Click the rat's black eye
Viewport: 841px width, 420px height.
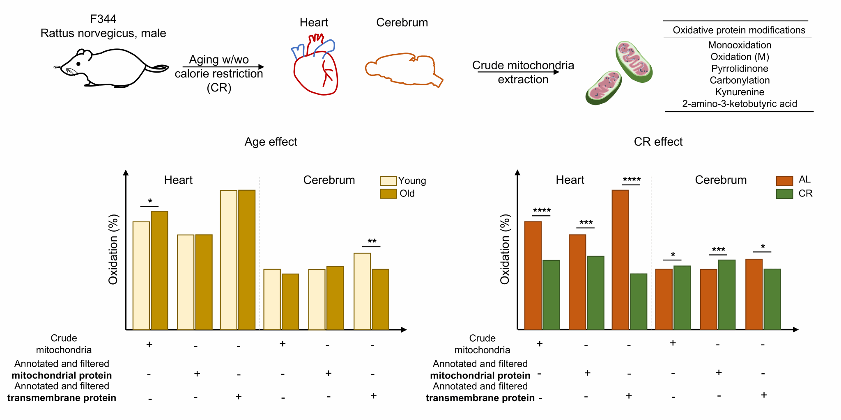pos(78,64)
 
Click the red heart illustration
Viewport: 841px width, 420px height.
pos(315,70)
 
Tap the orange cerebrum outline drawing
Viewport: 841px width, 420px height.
pos(402,70)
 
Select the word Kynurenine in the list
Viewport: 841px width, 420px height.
pos(740,92)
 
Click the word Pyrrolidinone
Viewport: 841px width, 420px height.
pos(740,68)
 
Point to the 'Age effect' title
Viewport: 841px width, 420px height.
pos(271,142)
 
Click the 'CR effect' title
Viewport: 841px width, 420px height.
pos(658,142)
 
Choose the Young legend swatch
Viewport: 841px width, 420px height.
pos(388,181)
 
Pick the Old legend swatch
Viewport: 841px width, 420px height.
pos(388,194)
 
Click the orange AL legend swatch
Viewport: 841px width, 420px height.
pos(784,180)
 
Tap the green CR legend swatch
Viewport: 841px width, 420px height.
pos(784,194)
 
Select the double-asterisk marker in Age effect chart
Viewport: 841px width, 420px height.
pos(372,242)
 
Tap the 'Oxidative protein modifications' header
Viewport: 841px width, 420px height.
pos(739,30)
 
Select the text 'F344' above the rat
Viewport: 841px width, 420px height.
pos(103,19)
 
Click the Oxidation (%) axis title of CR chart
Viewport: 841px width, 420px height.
pos(505,249)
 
